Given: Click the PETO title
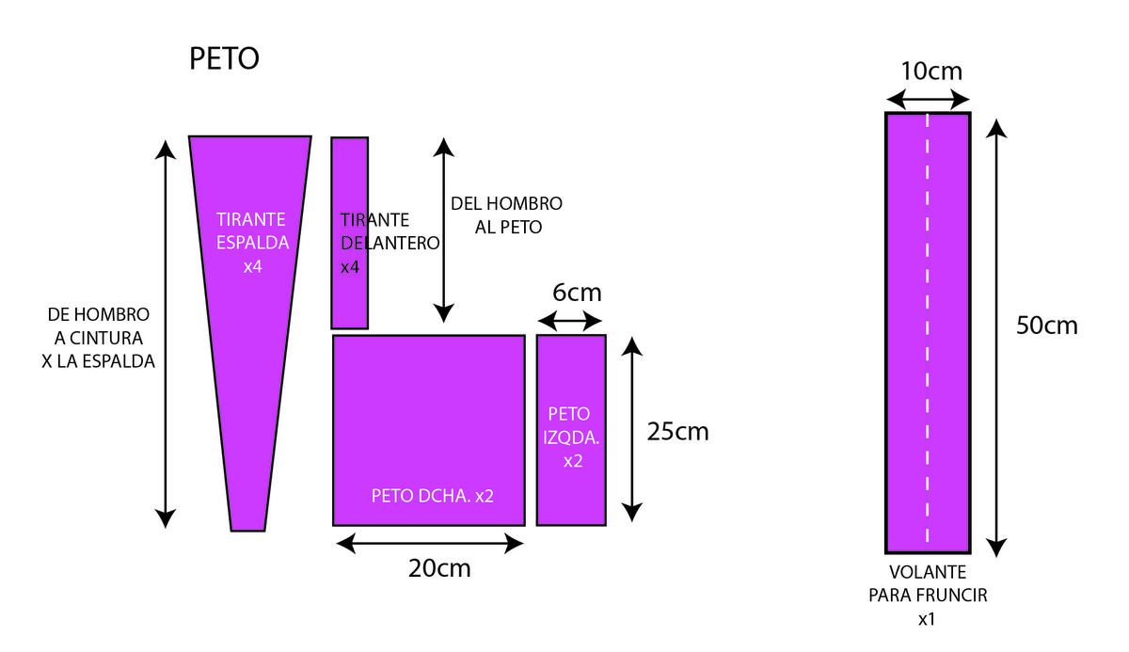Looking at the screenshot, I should pos(224,59).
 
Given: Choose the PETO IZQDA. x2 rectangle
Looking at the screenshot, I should pos(571,429).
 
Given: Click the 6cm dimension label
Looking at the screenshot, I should pos(577,293).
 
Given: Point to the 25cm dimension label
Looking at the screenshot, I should pos(677,432).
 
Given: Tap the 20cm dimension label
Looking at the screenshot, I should pos(439,568).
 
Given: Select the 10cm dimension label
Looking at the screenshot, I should pos(931,72).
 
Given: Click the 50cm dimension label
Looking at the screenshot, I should pos(1046,326).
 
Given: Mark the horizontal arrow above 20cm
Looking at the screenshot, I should pos(430,543).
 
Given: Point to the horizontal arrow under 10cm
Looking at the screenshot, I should pos(929,99).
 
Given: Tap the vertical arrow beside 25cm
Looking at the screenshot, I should pos(633,429).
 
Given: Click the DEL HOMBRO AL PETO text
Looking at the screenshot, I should pos(506,215).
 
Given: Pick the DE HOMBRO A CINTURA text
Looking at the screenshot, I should pos(99,337).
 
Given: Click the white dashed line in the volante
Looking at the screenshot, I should pos(928,329).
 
